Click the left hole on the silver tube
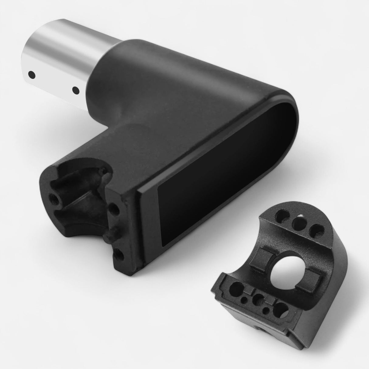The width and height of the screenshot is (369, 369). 31,74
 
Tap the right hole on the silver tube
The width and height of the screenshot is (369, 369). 75,90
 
